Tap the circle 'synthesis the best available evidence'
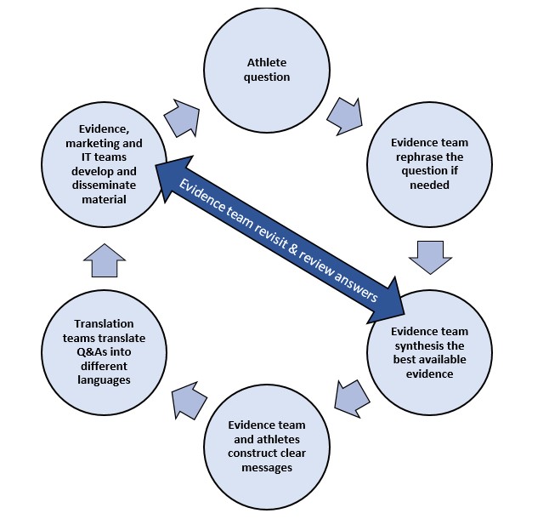point(429,352)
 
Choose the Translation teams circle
point(102,351)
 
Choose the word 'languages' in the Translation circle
point(102,379)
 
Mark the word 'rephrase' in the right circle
point(428,157)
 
